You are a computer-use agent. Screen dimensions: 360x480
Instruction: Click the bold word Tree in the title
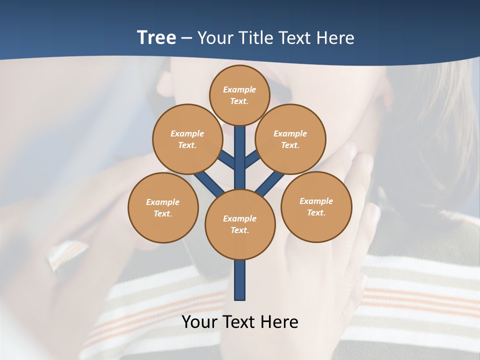coord(156,37)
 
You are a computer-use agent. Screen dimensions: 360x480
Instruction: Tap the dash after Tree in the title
coord(186,38)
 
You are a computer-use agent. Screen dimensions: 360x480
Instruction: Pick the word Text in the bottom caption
coord(240,322)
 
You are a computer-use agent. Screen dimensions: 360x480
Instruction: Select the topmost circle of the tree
coord(240,95)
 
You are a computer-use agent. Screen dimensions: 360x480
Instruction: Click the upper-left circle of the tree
coord(187,139)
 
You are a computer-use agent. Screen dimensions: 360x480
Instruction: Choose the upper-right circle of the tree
coord(290,139)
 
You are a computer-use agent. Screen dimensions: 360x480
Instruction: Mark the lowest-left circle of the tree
coord(163,207)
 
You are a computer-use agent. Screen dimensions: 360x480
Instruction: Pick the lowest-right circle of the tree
coord(316,206)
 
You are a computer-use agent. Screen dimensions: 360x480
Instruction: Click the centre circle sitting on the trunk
coord(240,224)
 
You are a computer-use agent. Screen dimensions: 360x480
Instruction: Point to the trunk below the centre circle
coord(240,280)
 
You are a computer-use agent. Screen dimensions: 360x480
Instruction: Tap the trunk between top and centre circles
coord(240,150)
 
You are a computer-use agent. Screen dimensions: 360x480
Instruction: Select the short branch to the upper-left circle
coord(227,159)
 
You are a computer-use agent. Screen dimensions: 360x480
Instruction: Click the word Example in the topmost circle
coord(239,89)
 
